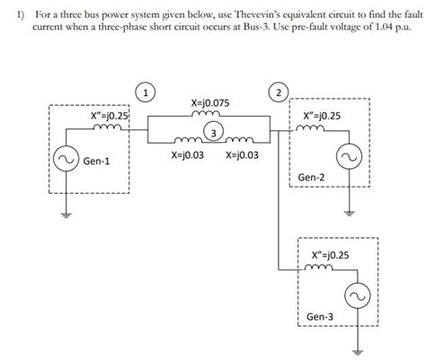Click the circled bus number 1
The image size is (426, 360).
pos(144,91)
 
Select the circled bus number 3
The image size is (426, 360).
pos(213,134)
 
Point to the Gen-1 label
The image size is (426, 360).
pos(97,162)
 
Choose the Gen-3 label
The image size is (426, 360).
pos(320,317)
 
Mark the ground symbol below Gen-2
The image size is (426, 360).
pos(349,213)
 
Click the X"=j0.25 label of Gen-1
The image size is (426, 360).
pos(110,116)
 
